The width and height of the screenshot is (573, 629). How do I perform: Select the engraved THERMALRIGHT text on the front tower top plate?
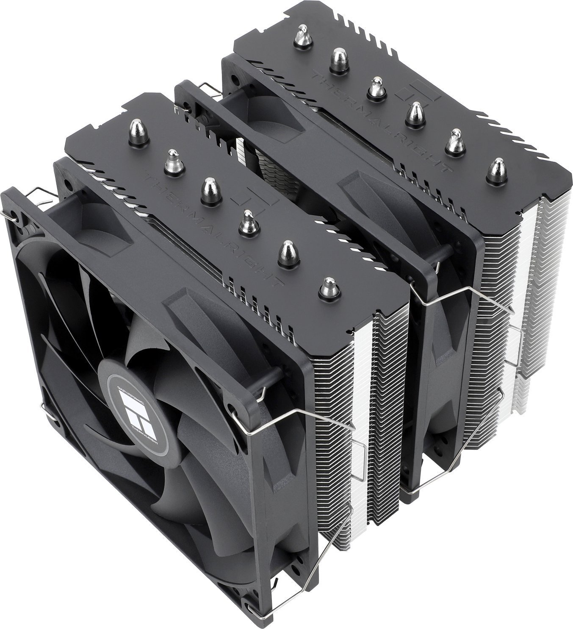[212, 225]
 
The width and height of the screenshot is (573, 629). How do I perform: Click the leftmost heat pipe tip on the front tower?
[136, 128]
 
